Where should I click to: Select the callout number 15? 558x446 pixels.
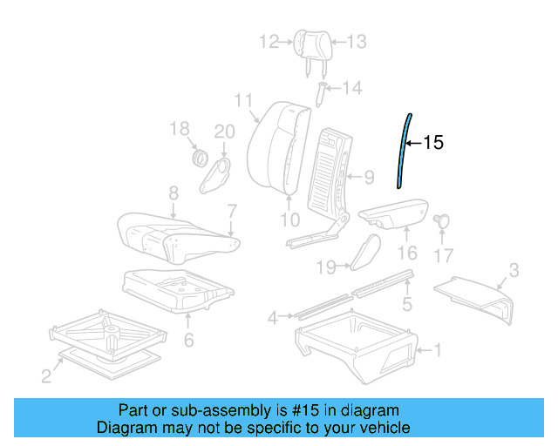tap(433, 143)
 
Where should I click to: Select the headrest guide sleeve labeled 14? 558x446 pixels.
tap(321, 91)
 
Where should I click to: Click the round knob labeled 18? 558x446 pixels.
tap(199, 159)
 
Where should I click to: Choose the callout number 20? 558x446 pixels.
tap(225, 131)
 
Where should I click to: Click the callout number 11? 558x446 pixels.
tap(243, 100)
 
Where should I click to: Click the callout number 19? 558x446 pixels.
tap(326, 267)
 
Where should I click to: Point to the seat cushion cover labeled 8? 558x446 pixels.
tap(174, 233)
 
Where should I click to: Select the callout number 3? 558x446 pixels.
tap(514, 271)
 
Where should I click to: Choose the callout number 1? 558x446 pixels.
tap(438, 351)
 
